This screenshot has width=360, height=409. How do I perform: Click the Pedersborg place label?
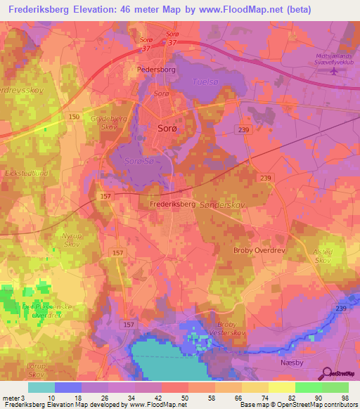pos(155,71)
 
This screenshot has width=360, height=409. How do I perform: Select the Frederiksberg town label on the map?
pos(172,203)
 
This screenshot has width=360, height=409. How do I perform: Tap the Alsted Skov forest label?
pos(322,255)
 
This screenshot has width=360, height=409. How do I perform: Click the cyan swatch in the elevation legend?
pos(41,387)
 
